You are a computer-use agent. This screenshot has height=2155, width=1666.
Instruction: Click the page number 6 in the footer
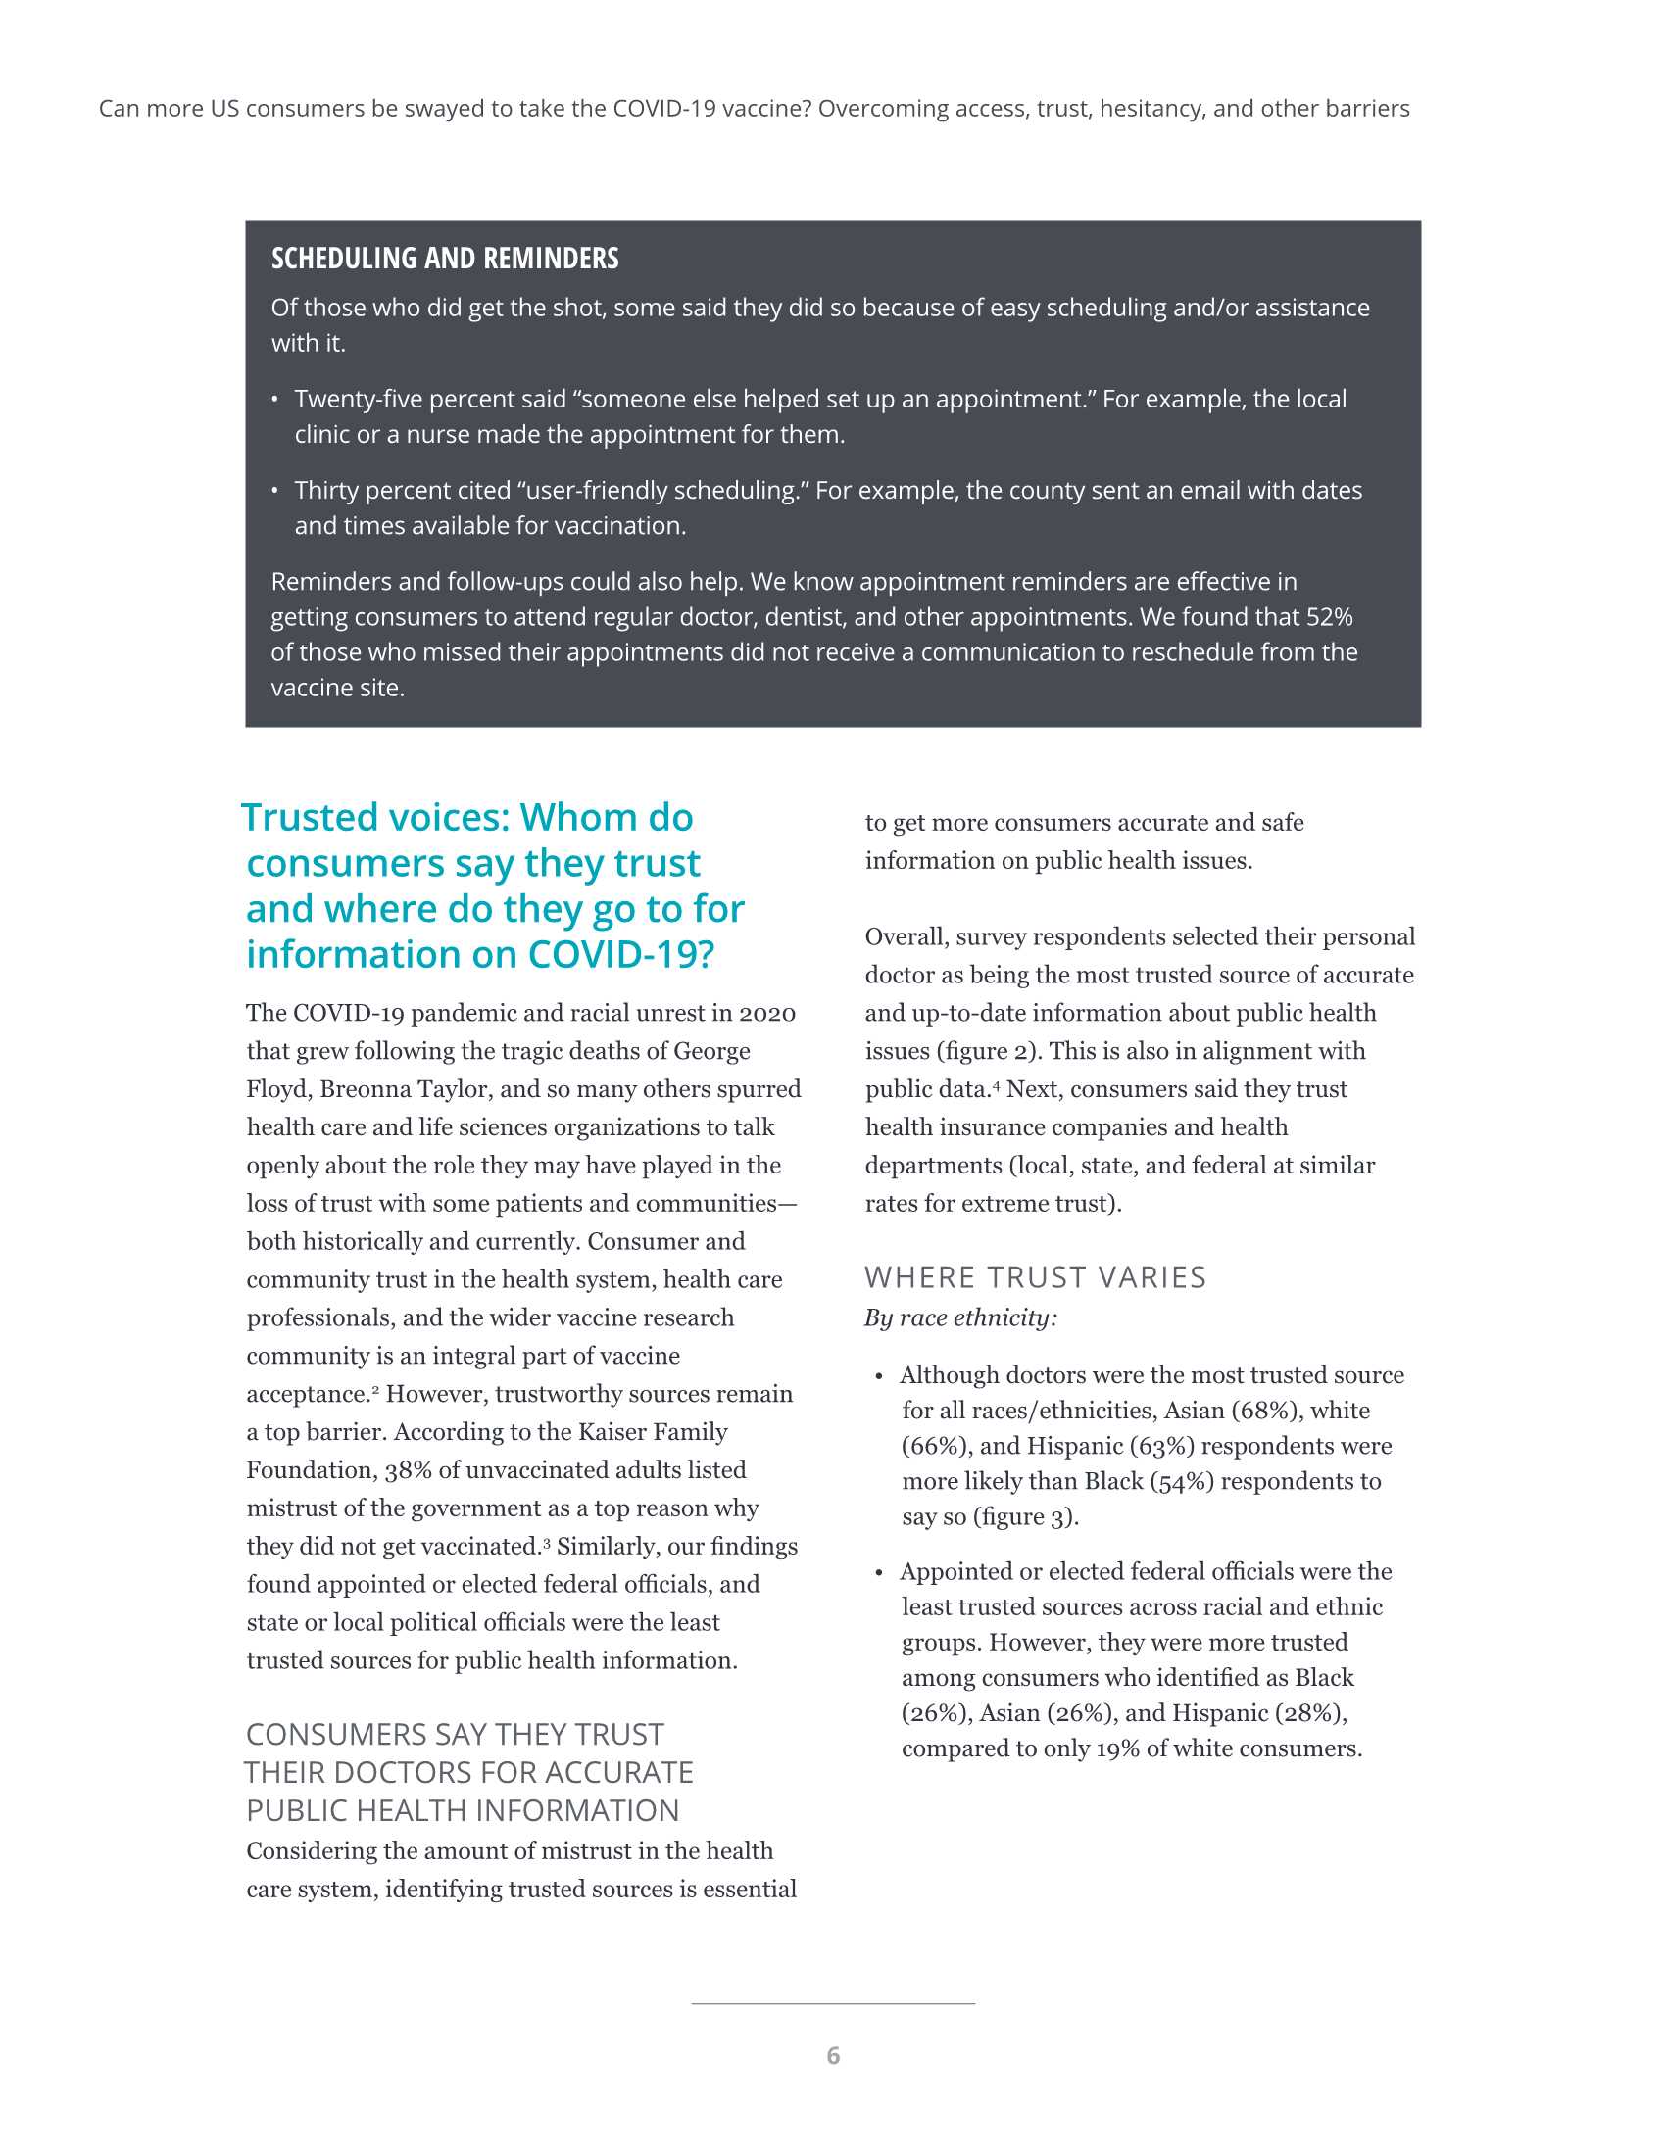[833, 2055]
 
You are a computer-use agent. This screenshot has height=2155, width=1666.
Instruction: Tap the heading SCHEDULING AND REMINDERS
[445, 259]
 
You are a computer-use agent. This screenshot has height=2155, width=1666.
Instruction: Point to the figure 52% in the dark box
[1329, 617]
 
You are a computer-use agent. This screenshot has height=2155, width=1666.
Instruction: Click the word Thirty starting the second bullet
[325, 491]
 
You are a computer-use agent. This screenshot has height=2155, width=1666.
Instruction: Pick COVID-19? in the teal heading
[620, 954]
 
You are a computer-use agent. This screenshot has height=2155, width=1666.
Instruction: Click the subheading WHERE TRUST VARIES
[1035, 1277]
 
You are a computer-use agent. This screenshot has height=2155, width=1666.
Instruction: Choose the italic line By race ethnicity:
[960, 1318]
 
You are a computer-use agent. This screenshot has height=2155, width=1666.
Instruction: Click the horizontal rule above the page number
[833, 2004]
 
